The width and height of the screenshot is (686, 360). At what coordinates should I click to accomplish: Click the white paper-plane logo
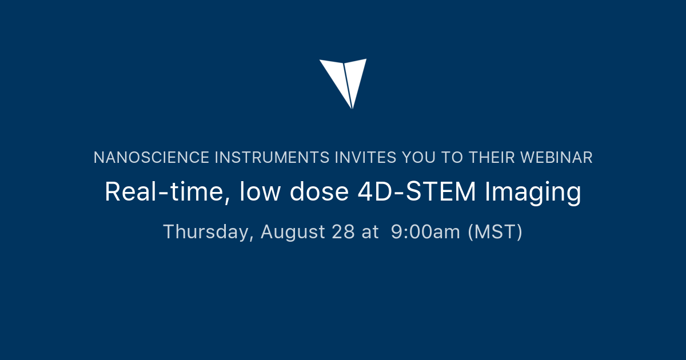click(343, 80)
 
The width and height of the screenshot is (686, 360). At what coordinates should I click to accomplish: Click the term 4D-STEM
click(417, 193)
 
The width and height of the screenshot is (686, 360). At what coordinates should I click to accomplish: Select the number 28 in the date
click(342, 232)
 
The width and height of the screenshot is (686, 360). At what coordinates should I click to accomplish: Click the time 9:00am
click(425, 232)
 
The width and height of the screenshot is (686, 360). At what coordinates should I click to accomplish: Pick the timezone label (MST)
click(495, 233)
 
